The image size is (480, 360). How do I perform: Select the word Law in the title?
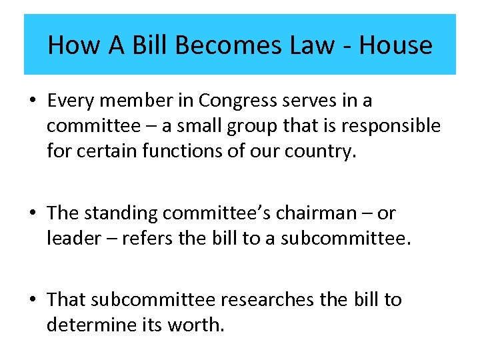tap(311, 45)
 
